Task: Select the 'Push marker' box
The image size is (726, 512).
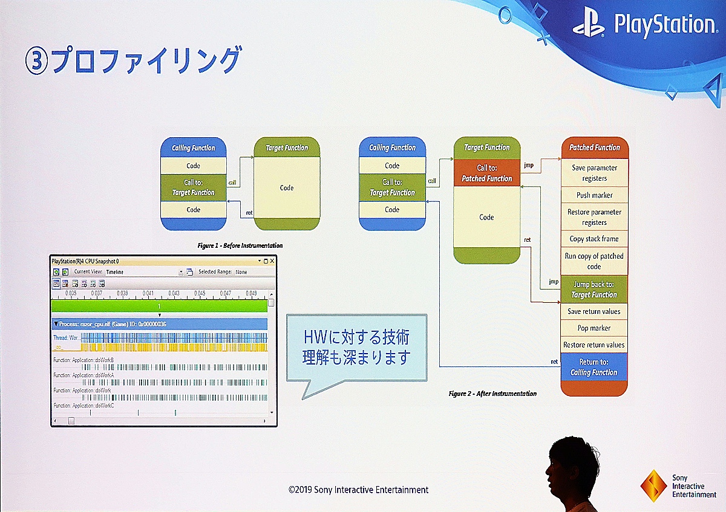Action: coord(594,195)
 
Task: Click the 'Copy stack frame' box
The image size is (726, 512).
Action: coord(594,239)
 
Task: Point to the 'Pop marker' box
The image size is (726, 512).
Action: coord(594,328)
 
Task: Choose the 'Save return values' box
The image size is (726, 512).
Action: coord(594,311)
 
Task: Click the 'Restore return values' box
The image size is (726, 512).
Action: coord(594,345)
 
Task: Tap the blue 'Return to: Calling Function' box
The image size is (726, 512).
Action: coord(594,367)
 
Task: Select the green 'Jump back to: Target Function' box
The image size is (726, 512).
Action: coord(594,290)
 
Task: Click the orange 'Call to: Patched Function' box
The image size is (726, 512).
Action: coord(486,173)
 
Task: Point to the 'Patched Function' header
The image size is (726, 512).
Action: coord(594,147)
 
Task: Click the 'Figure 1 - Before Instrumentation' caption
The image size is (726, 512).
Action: coord(240,246)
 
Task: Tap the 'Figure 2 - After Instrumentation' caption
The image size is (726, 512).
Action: coord(492,394)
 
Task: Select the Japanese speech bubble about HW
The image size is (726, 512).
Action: coord(356,349)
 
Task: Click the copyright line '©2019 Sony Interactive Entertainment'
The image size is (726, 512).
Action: coord(358,490)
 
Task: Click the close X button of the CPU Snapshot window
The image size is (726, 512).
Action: coord(272,261)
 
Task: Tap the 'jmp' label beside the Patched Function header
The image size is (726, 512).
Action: coord(528,164)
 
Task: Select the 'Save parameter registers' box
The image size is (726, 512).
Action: coord(594,173)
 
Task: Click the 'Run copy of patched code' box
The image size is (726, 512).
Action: coord(594,261)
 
